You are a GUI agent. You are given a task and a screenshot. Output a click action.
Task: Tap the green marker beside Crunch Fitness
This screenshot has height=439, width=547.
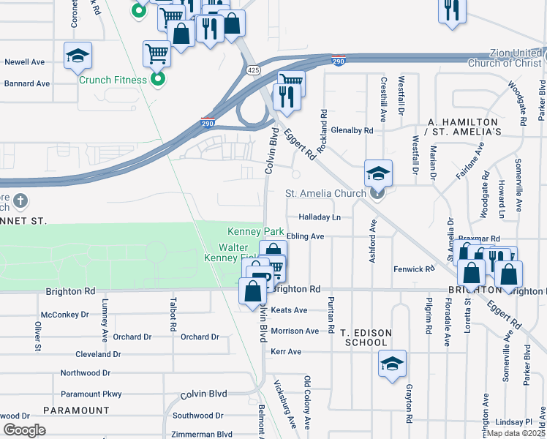[x=157, y=80]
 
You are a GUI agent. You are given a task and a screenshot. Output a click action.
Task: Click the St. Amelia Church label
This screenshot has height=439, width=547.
[x=325, y=194]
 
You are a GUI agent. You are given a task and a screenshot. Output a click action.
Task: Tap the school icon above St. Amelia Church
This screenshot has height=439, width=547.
[x=378, y=173]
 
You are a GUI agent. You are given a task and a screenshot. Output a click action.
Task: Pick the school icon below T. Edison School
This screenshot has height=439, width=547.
[x=392, y=364]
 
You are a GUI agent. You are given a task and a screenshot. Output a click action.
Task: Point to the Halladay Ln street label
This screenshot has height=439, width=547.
[x=320, y=217]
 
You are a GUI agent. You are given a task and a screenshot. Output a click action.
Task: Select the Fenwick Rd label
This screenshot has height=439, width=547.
[x=409, y=269]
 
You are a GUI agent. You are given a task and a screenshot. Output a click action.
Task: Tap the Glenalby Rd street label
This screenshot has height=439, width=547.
[x=352, y=130]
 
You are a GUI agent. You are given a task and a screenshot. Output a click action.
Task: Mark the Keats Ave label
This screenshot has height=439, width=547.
[x=290, y=310]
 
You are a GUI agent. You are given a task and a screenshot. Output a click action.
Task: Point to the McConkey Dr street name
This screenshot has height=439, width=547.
[x=64, y=315]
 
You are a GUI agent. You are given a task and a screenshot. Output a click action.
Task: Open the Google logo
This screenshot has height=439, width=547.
[x=24, y=430]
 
